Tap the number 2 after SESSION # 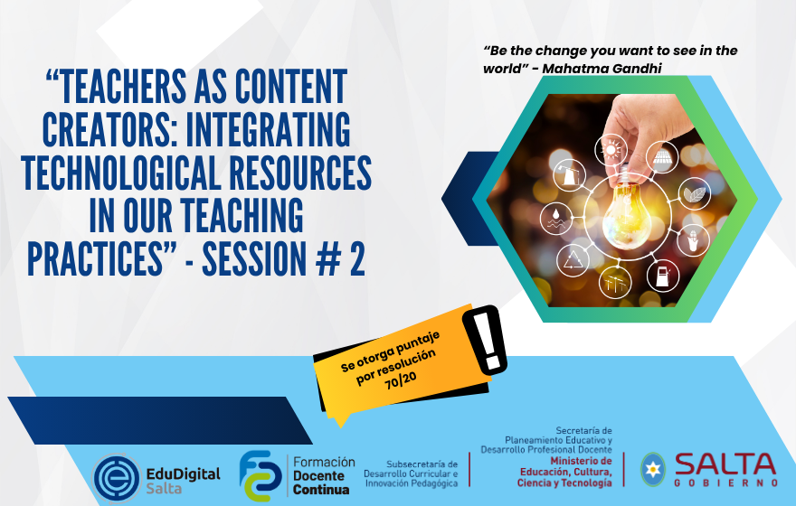pos(357,258)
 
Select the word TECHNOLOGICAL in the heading pos(122,173)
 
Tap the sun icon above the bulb pos(611,150)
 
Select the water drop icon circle pos(556,218)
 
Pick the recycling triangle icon pos(573,260)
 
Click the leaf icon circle pos(694,193)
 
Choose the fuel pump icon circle pos(663,276)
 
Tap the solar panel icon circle pos(662,157)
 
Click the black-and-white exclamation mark pos(486,340)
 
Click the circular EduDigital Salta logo pos(116,478)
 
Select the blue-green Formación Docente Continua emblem pos(260,475)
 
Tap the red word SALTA pos(725,464)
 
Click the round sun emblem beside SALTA pos(652,470)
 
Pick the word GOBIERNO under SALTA pos(726,483)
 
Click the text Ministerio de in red pos(582,461)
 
